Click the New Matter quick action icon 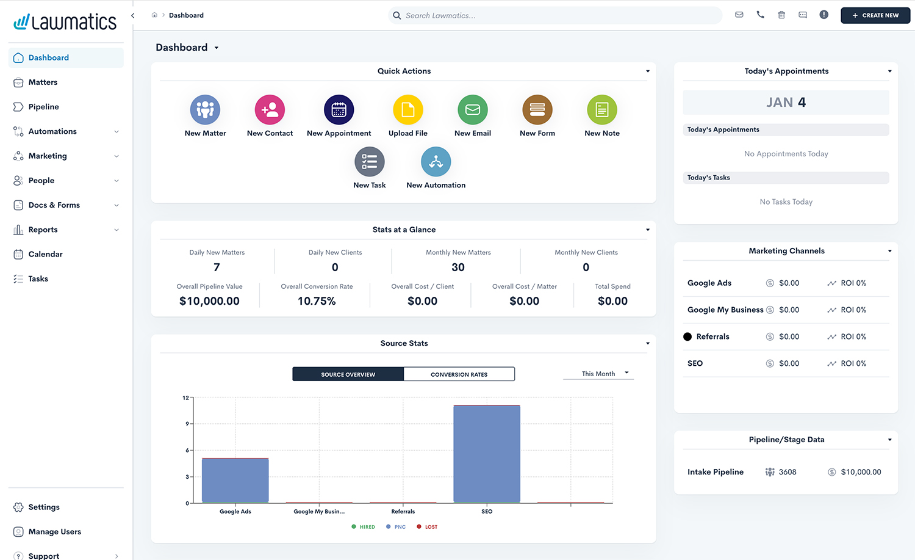pos(205,110)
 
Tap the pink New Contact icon pos(270,110)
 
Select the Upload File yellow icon pos(408,110)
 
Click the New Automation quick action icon pos(436,162)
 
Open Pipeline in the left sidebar pos(43,107)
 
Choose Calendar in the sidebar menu pos(45,254)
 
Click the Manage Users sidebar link pos(54,532)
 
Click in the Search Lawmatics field pos(555,15)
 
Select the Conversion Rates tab pos(459,374)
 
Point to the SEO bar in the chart pos(487,453)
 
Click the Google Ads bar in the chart pos(235,480)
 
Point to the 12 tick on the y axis pos(186,398)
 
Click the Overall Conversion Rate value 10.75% pos(317,301)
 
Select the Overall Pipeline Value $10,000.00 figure pos(209,301)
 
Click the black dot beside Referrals pos(687,336)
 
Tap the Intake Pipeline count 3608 pos(787,472)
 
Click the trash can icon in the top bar pos(781,15)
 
